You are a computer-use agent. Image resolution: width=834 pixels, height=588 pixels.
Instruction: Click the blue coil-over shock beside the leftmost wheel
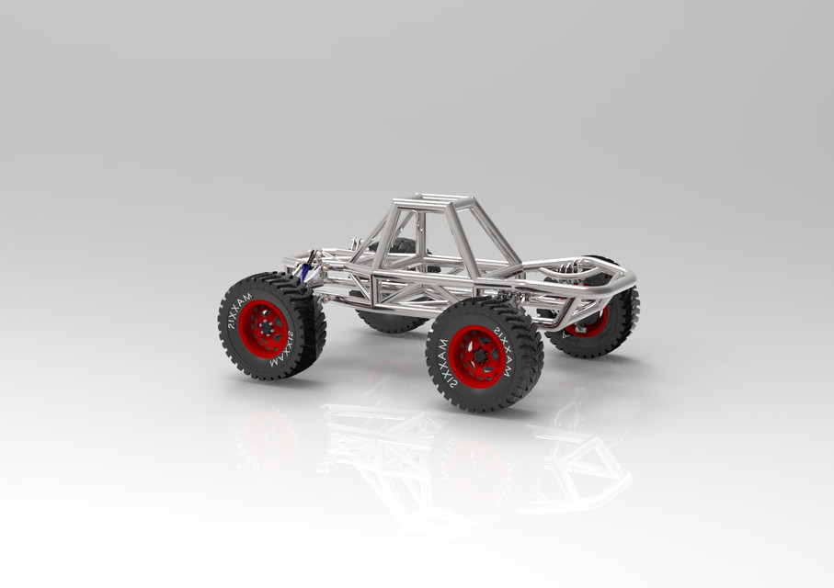303,269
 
